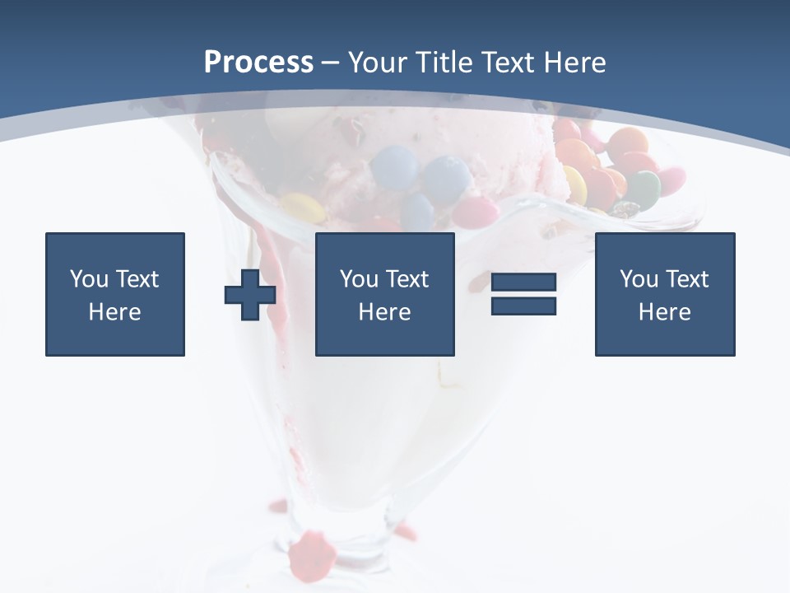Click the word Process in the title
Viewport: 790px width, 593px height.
258,63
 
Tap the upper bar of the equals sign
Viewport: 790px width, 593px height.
523,282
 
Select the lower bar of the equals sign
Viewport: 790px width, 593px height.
523,306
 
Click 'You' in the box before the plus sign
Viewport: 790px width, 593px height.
89,279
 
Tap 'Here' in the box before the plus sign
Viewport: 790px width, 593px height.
114,312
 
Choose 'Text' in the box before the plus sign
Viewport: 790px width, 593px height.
137,279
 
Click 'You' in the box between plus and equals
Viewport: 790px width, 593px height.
359,279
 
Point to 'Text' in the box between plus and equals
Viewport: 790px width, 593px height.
407,279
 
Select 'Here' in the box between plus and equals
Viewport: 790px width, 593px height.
384,312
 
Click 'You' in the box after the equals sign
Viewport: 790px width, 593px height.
639,279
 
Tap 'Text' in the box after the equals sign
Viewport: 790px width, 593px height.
686,279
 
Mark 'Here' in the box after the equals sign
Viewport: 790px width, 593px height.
664,312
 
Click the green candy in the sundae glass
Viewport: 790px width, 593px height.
644,189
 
